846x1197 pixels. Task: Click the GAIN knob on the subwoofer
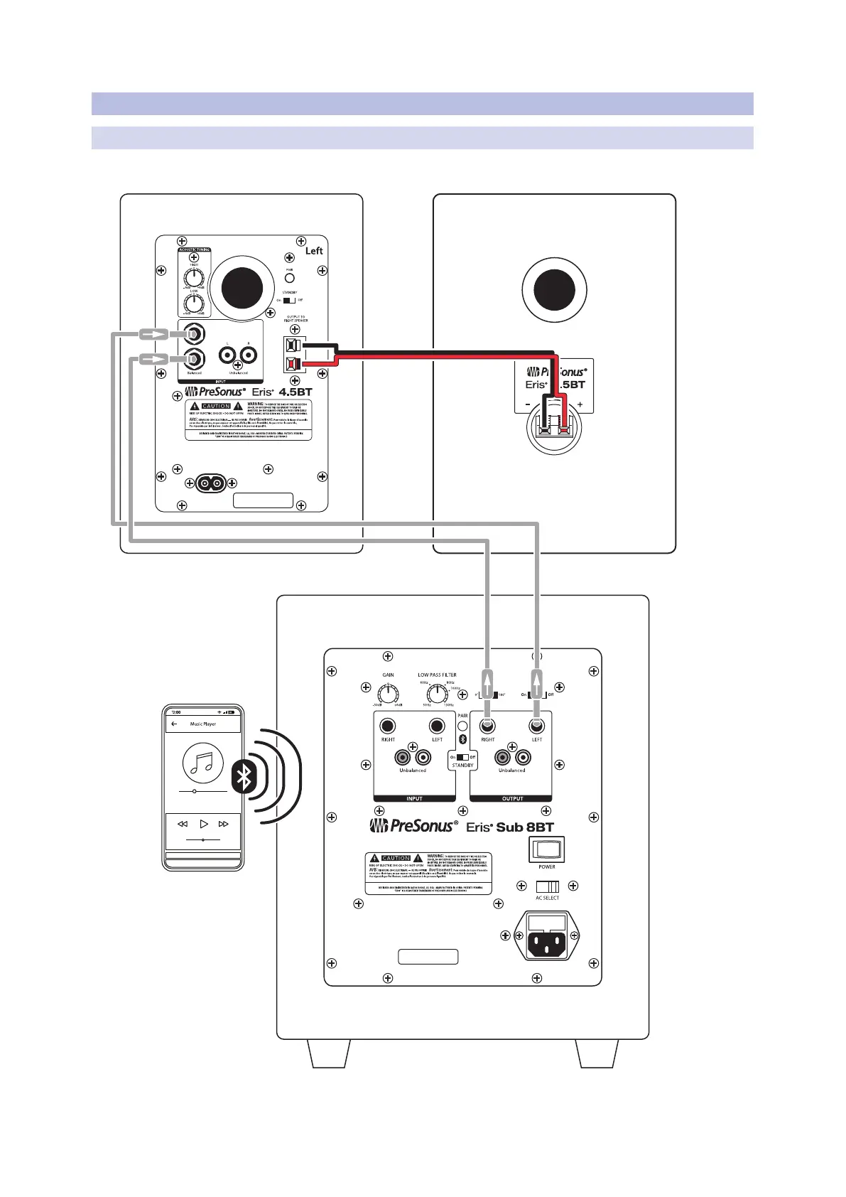(x=388, y=693)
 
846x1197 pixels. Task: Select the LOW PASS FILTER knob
(x=436, y=693)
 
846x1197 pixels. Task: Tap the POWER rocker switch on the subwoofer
(x=546, y=849)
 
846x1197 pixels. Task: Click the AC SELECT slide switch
(x=547, y=886)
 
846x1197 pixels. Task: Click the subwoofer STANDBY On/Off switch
(x=462, y=757)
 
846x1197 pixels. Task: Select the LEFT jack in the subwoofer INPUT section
(x=437, y=726)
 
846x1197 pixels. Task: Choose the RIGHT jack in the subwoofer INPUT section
(x=387, y=726)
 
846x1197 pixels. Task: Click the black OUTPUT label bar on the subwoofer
(x=511, y=799)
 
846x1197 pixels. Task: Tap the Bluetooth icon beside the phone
(x=244, y=775)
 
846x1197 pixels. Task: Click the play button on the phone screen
(x=204, y=824)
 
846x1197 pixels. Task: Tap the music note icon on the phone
(x=203, y=763)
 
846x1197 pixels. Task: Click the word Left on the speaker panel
(x=314, y=251)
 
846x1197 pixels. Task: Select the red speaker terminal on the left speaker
(x=291, y=365)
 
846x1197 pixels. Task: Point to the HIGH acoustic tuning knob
(x=193, y=277)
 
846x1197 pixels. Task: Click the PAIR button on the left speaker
(x=289, y=278)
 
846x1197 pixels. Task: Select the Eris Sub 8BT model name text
(x=509, y=827)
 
